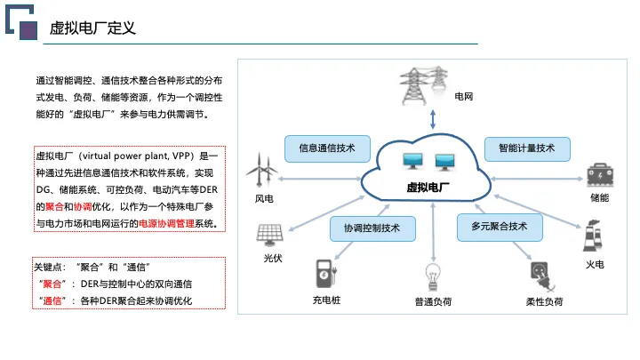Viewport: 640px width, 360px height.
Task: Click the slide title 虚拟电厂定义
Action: pos(92,28)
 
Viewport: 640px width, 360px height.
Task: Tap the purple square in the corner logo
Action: pos(28,30)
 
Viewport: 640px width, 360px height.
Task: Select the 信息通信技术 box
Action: pos(327,148)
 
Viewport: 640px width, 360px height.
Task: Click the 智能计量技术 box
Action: pos(527,148)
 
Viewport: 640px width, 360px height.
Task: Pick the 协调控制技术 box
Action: pos(372,228)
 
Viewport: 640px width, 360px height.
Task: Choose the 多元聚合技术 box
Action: pos(500,227)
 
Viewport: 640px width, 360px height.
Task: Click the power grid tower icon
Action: pos(423,85)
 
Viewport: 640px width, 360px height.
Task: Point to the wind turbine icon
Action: pos(261,170)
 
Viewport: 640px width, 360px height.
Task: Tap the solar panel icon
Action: pos(269,235)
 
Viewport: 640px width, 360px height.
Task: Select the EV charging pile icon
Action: pos(325,274)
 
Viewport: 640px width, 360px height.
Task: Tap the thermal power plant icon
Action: pos(592,236)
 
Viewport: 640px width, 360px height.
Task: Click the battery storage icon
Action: pos(600,175)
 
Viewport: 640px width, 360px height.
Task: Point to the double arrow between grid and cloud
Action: pos(433,119)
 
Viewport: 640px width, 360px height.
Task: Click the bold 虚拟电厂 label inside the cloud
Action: pos(428,188)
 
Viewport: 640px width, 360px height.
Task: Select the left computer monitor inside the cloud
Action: pos(412,161)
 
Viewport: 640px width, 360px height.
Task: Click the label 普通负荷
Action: pos(433,301)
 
